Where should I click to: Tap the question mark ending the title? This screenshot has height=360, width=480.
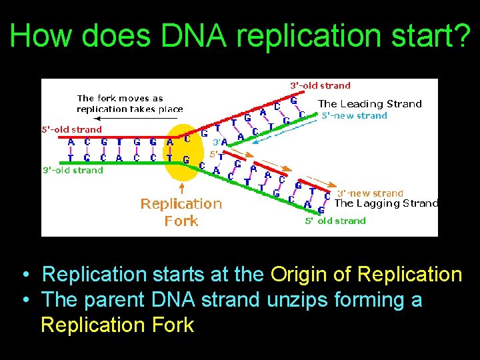(x=460, y=36)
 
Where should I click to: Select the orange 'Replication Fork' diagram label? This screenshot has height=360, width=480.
(x=181, y=212)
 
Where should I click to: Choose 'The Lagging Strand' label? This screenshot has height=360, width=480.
(x=386, y=203)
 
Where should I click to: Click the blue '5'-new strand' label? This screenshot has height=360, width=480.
(x=354, y=115)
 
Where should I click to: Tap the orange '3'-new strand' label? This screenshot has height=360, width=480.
(x=370, y=193)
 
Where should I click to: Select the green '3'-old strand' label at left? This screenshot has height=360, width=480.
(x=73, y=171)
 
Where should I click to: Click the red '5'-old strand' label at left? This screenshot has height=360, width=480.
(x=73, y=129)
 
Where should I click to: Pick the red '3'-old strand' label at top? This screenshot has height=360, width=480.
(x=320, y=85)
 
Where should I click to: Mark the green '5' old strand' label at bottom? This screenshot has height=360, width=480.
(x=335, y=221)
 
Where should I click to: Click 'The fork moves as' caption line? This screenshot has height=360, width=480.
(x=120, y=99)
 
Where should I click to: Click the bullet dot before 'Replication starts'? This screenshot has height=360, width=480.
(x=24, y=275)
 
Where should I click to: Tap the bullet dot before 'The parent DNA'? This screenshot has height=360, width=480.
(x=24, y=301)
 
